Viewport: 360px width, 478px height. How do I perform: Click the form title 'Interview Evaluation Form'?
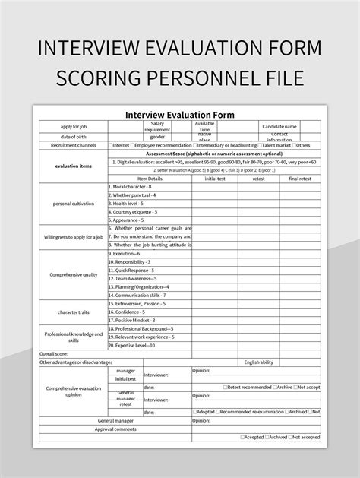[180, 115]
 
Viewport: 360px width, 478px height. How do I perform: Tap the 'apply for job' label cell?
[74, 126]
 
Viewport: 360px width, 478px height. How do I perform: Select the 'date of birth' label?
[74, 136]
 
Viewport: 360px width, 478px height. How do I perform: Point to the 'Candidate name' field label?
[279, 126]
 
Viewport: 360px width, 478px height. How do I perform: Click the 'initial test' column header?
[215, 179]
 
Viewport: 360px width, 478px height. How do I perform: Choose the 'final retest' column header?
[300, 179]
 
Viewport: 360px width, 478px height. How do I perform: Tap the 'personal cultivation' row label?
[74, 204]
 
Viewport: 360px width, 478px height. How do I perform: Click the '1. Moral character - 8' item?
[131, 187]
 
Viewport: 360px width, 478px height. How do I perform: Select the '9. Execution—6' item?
[128, 253]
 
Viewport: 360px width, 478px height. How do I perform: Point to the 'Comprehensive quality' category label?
[74, 274]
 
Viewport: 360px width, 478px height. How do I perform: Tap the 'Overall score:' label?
[55, 353]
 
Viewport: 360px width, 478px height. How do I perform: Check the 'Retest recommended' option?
[248, 387]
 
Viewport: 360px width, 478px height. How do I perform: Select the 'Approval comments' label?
[115, 429]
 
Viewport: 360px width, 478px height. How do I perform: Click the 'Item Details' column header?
[150, 179]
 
